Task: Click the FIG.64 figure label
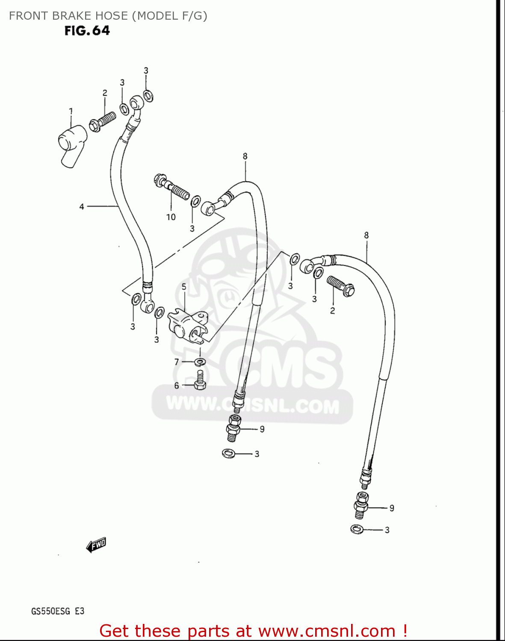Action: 87,31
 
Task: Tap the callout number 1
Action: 71,111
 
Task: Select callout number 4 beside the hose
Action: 82,207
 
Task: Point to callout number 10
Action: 171,217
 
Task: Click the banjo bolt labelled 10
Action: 171,188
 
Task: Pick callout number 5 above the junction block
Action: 184,287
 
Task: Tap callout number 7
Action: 177,362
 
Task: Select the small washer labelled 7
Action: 200,362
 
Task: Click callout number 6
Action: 177,385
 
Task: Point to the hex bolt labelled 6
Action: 200,380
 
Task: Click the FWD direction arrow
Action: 96,545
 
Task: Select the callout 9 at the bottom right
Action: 392,508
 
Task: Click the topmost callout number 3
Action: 146,71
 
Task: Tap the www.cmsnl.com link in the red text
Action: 327,631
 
